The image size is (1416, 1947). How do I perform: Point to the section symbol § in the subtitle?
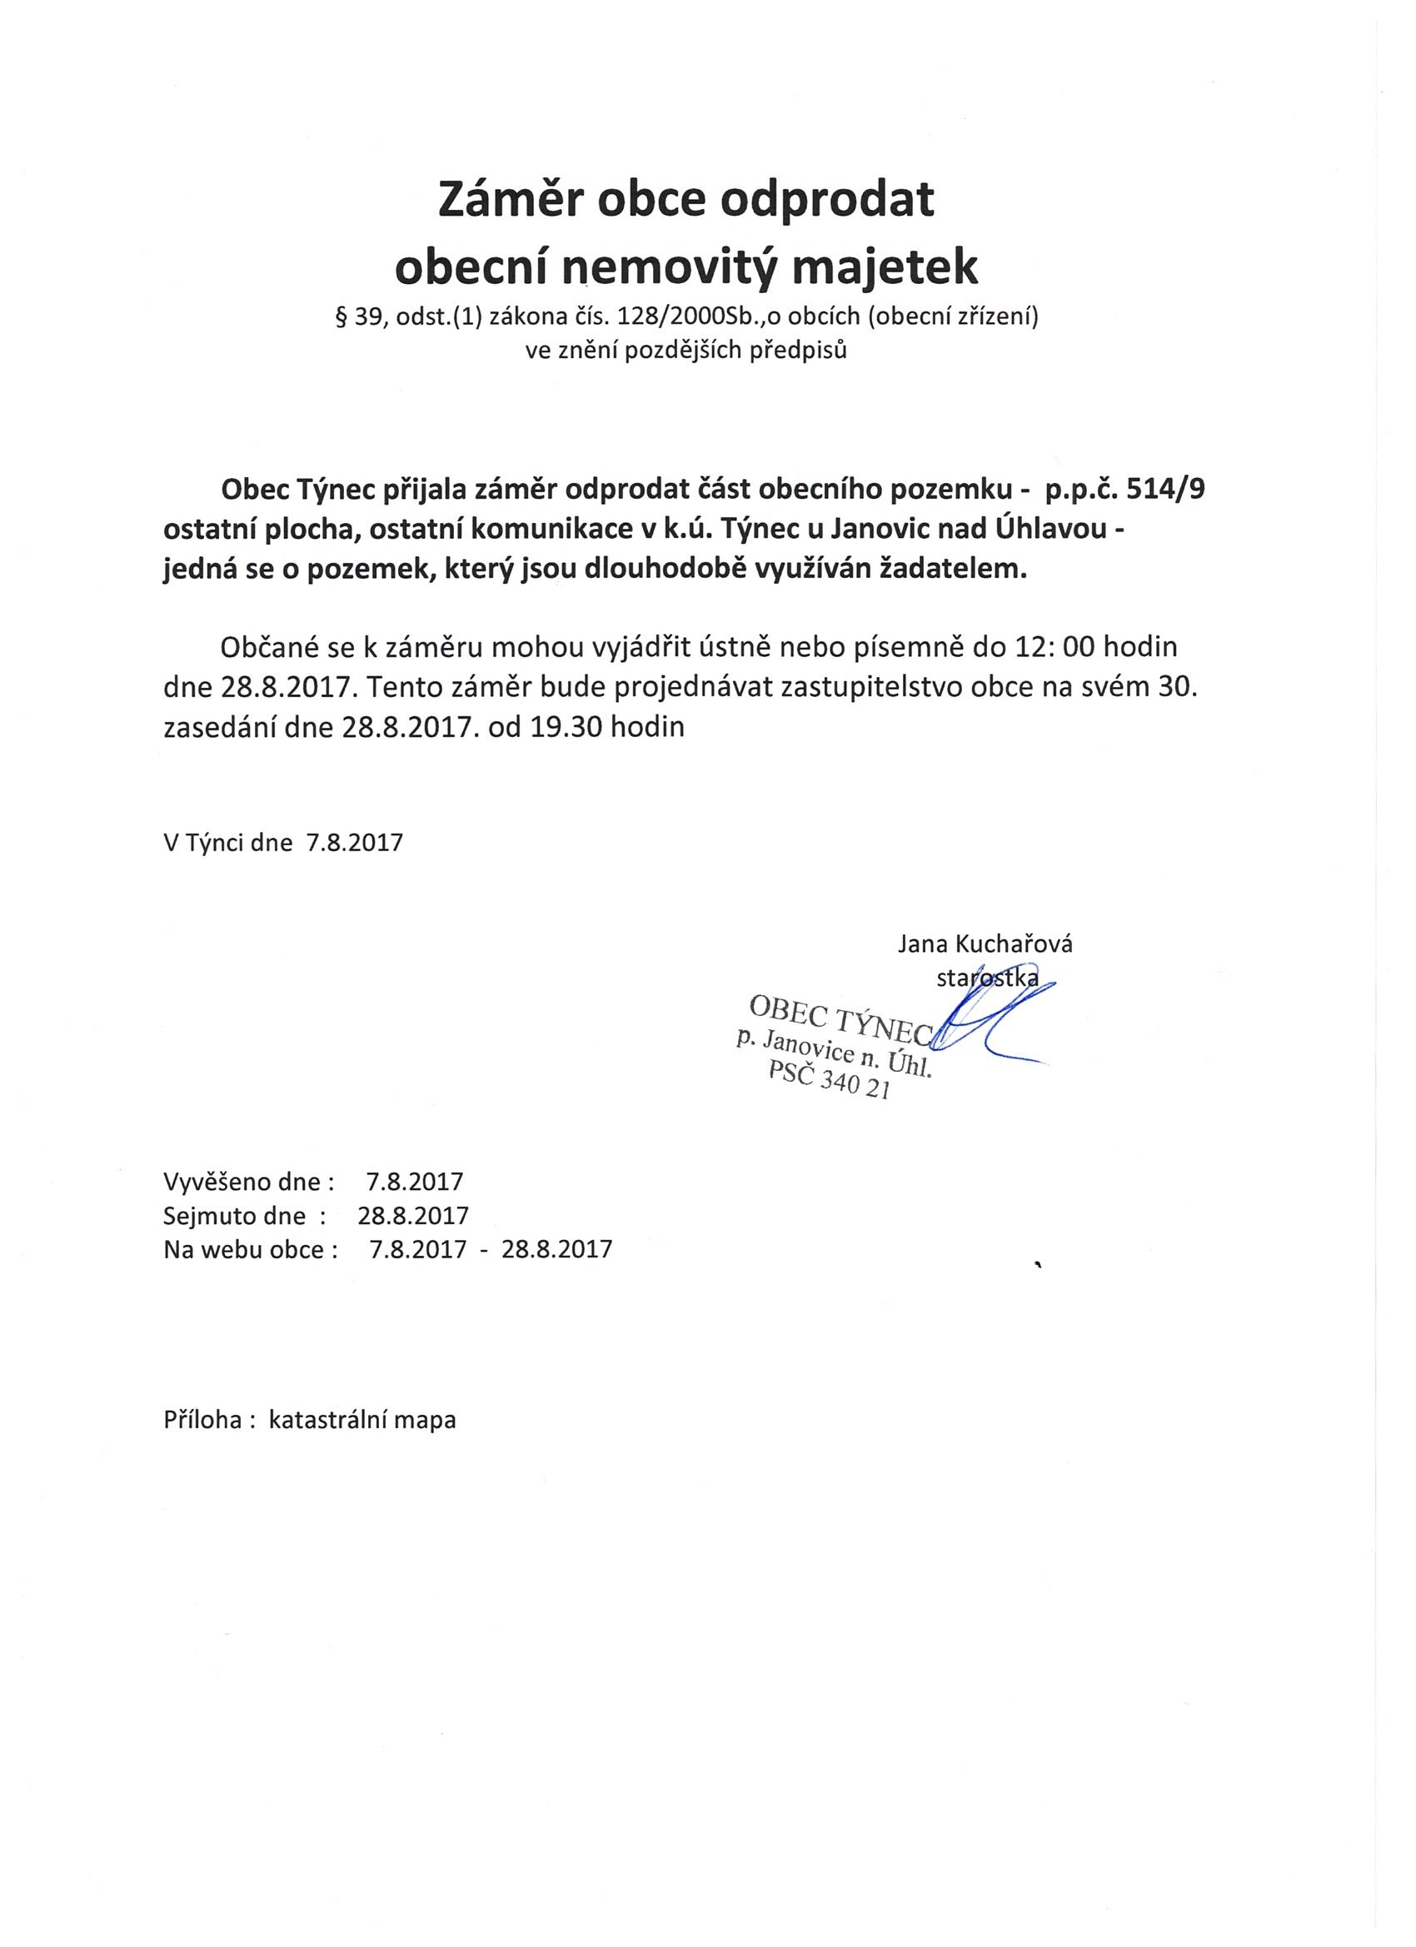[x=340, y=318]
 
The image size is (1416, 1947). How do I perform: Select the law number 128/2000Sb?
[x=678, y=318]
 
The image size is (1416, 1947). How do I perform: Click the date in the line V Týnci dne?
[x=355, y=842]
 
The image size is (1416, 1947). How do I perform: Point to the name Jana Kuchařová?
[x=985, y=945]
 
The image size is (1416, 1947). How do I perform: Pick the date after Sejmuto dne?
[x=413, y=1216]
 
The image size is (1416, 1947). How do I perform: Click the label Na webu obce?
[x=244, y=1249]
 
